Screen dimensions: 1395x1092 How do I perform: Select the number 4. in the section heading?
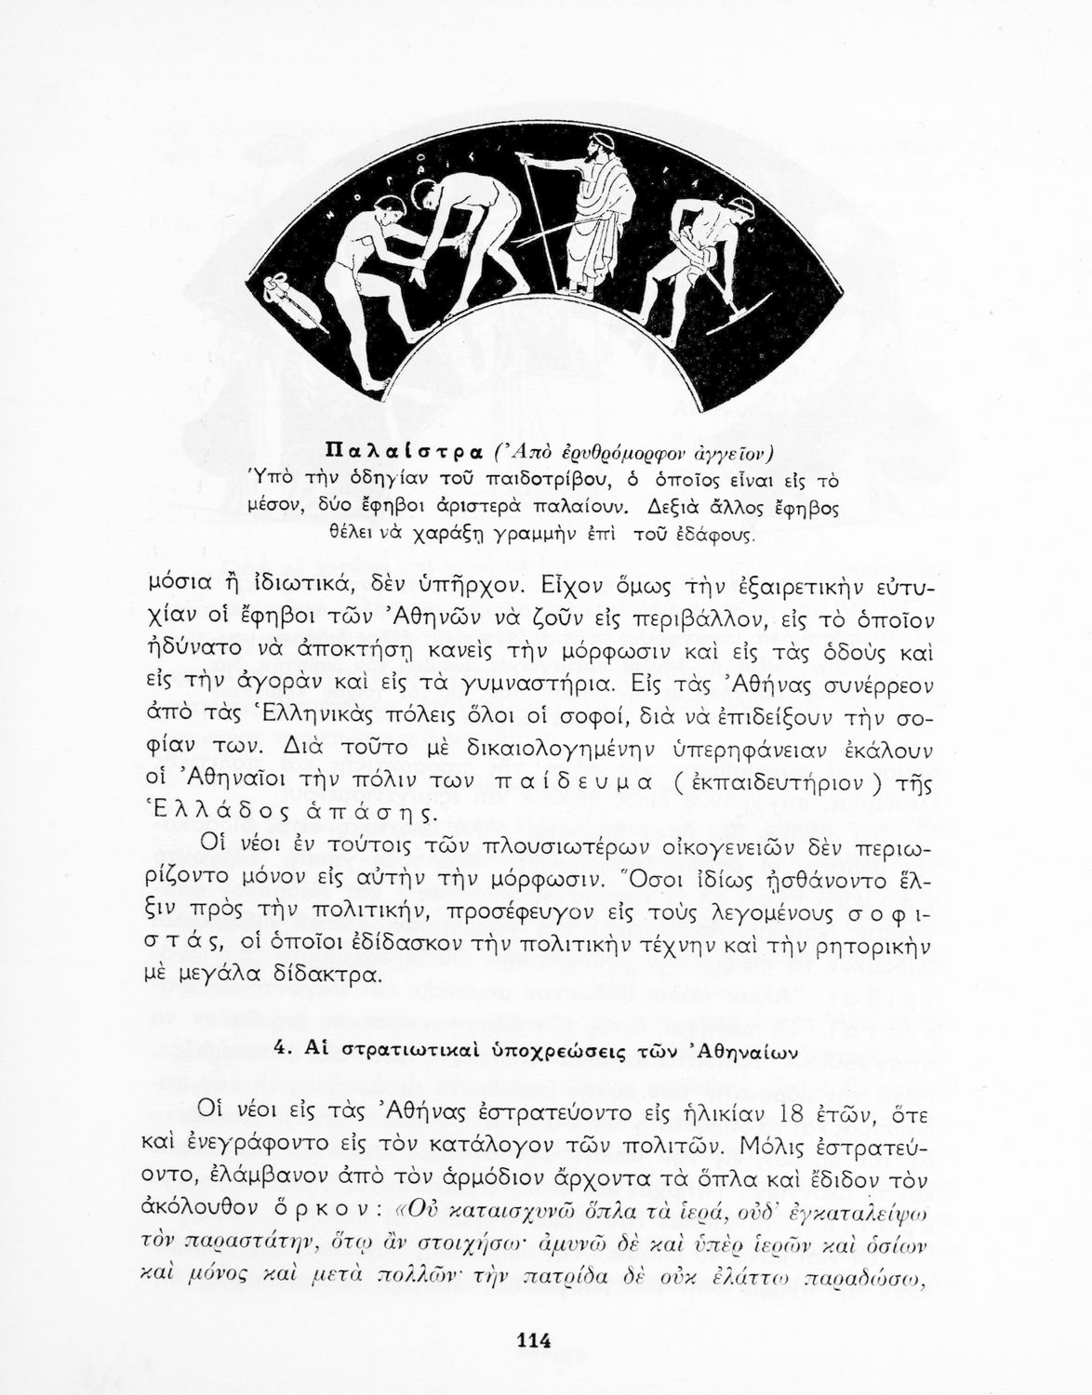click(285, 1047)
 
